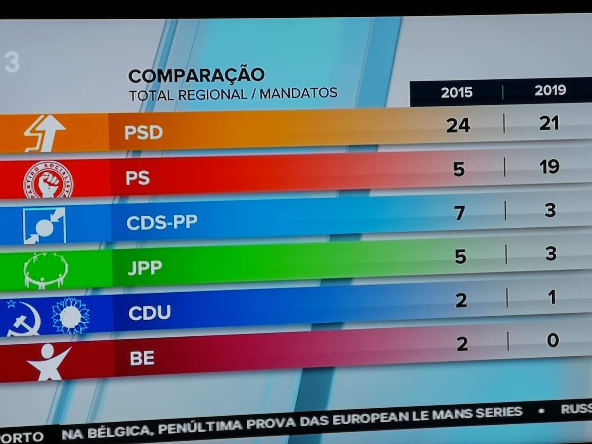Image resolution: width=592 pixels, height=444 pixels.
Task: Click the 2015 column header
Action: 456,92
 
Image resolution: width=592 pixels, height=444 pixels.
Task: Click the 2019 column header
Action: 550,90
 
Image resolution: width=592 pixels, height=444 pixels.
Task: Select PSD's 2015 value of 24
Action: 458,125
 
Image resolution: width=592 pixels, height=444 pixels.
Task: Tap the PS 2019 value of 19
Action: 549,167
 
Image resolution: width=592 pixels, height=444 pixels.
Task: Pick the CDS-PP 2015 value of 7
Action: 460,213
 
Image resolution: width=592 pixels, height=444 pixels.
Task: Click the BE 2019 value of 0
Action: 553,340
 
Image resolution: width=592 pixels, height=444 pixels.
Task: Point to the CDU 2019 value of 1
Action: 552,297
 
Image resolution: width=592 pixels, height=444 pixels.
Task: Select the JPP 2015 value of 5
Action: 460,257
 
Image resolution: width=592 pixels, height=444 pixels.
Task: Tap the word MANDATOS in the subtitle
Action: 298,93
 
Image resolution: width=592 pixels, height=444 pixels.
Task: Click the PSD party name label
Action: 143,133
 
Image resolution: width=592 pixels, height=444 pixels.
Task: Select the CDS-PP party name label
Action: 162,222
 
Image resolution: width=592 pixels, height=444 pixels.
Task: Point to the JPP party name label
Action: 145,268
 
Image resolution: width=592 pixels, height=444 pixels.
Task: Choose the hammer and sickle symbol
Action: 24,319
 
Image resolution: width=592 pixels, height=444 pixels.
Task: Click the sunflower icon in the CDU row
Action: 70,316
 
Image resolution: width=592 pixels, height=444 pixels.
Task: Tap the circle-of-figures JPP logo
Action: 45,270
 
